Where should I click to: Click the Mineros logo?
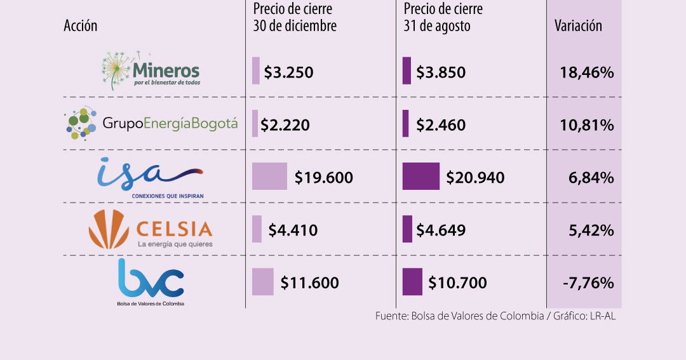coord(151,71)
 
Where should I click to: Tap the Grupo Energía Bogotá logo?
coord(152,123)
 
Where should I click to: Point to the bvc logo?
coord(151,282)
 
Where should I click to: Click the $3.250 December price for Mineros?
coord(288,72)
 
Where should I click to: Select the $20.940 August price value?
coord(475,178)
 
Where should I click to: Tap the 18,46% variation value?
coord(587,72)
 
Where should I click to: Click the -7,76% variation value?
coord(588,283)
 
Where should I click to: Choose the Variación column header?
coord(578,26)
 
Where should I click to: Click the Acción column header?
coord(81,26)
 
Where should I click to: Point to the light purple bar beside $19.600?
coord(269,177)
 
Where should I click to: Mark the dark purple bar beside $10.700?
coord(412,282)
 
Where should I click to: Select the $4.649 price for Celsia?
coord(441,230)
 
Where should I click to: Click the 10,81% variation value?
coord(587,125)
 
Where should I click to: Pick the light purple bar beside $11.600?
coord(262,282)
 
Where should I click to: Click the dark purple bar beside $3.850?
coord(407,71)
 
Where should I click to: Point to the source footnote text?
coord(495,316)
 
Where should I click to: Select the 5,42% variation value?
coord(591,230)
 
